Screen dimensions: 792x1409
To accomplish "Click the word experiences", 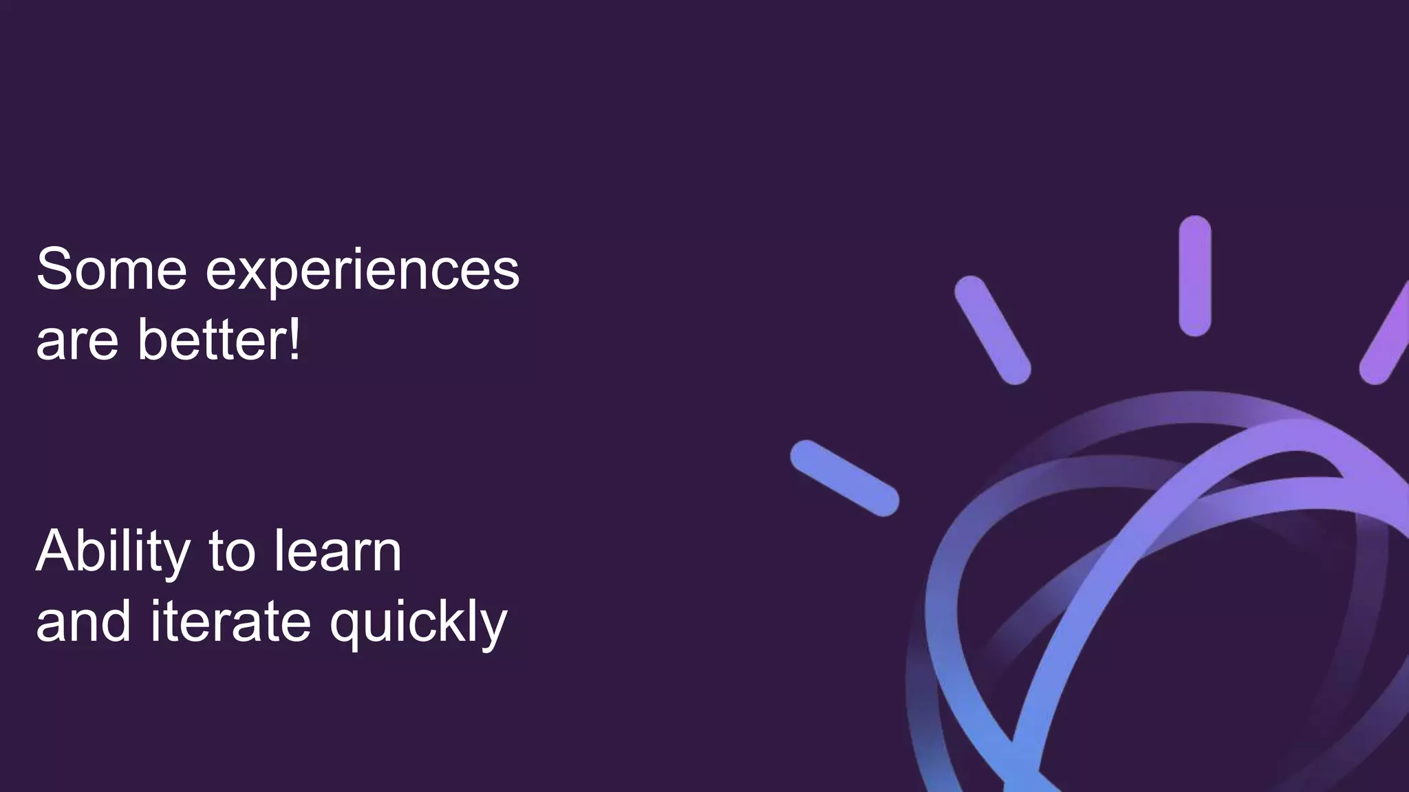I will point(362,272).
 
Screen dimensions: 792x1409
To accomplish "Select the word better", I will point(211,339).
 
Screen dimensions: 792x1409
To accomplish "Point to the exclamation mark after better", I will point(294,339).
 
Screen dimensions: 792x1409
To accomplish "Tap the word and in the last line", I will point(83,622).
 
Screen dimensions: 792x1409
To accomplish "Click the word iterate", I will point(230,622).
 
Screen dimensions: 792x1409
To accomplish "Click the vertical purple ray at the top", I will point(1194,276).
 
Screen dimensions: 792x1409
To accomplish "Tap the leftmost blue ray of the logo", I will point(844,478).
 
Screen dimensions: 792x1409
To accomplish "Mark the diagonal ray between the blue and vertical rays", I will point(992,330).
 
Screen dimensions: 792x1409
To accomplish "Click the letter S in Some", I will point(54,269).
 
